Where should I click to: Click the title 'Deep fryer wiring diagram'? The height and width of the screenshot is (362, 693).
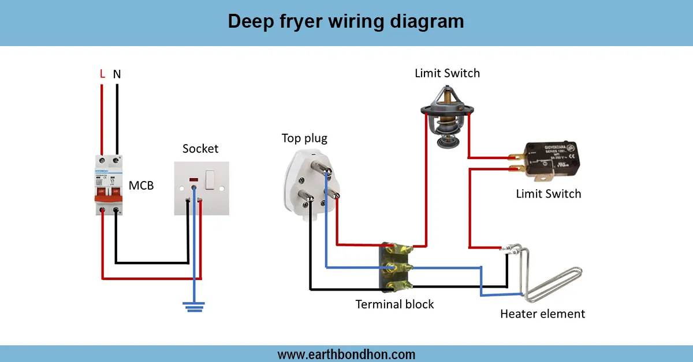tap(345, 21)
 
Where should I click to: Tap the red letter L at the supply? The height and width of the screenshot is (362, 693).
tap(102, 74)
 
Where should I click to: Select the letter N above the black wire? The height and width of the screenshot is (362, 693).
tap(117, 74)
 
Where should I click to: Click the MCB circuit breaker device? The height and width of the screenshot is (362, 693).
tap(110, 184)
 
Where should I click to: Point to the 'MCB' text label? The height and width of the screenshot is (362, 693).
tap(141, 186)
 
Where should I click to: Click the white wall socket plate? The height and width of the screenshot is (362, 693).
tap(202, 188)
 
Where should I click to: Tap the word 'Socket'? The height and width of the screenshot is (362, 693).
tap(200, 149)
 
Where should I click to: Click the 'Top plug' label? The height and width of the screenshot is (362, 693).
tap(304, 138)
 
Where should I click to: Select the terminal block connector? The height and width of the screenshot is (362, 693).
tap(395, 268)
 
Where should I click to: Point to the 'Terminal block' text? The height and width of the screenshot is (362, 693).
tap(394, 304)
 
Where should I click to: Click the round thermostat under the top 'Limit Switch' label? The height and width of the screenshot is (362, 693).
tap(447, 118)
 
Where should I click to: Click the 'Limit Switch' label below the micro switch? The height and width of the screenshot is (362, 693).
tap(548, 194)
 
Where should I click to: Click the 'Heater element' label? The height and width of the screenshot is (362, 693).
tap(542, 314)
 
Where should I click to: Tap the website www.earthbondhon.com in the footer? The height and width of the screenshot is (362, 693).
tap(346, 354)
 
